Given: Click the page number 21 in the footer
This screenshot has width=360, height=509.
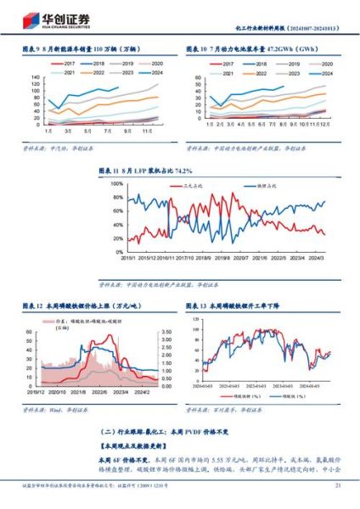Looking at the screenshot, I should [338, 485].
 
